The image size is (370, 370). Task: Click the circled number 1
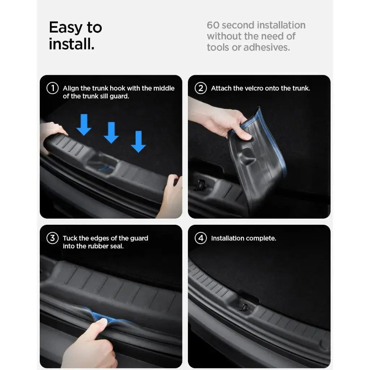[x=52, y=88]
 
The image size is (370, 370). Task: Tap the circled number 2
[x=201, y=88]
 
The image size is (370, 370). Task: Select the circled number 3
[x=52, y=238]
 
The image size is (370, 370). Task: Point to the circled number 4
[x=201, y=238]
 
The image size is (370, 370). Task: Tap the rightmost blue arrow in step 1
[x=138, y=142]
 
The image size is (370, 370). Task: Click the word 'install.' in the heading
[x=72, y=44]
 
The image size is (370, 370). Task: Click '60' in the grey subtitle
[x=213, y=25]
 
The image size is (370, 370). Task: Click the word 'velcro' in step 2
[x=254, y=88]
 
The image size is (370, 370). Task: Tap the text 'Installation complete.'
[x=244, y=238]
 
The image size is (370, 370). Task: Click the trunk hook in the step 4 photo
[x=244, y=307]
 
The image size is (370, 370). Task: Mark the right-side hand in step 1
[x=171, y=197]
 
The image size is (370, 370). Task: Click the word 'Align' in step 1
[x=71, y=88]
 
